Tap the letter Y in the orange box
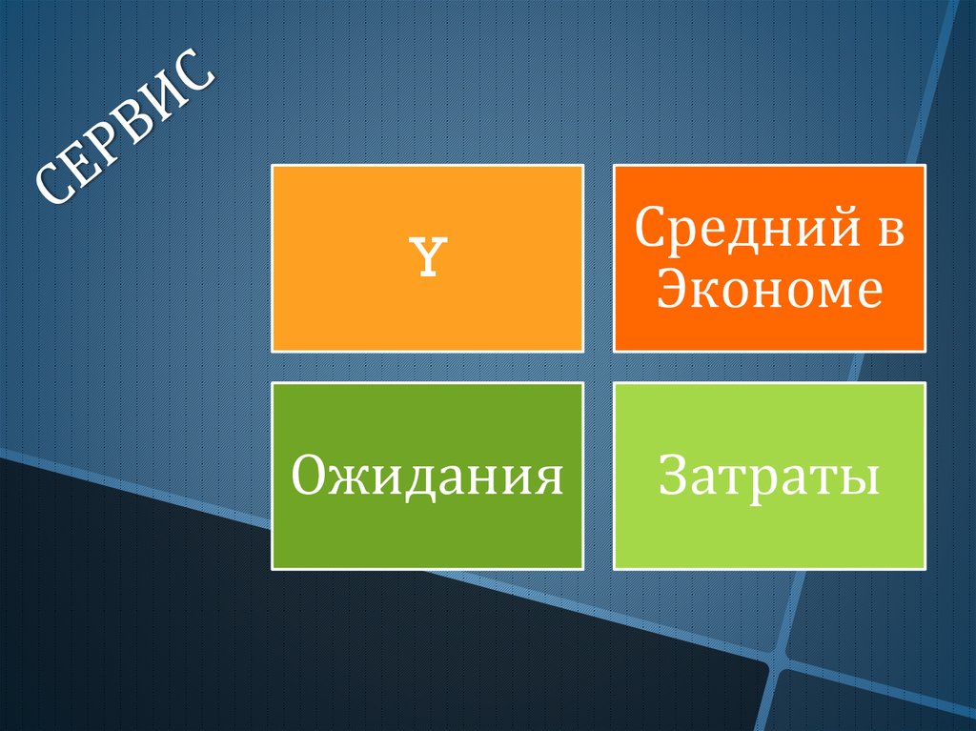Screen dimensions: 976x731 [428, 257]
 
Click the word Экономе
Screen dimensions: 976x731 [770, 290]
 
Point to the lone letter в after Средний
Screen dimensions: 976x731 [891, 233]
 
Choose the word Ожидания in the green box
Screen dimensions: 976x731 [427, 476]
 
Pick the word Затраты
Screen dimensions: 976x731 [769, 476]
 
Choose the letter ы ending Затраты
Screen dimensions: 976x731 [862, 481]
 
